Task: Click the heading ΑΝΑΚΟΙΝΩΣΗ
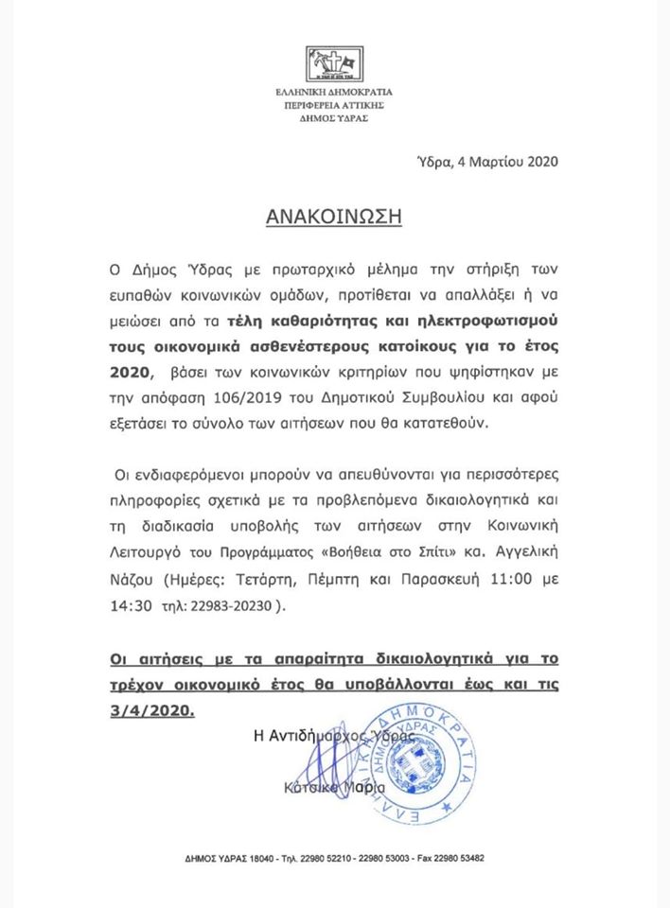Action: [335, 216]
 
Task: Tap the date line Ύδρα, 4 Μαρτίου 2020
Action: [487, 161]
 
